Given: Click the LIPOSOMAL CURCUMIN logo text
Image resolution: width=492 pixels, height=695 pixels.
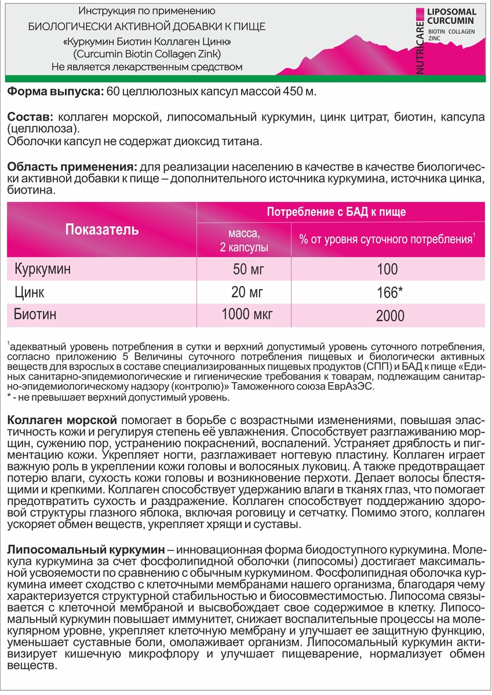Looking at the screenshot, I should (x=451, y=16).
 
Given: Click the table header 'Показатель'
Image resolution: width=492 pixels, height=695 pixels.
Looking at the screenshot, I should (x=101, y=229).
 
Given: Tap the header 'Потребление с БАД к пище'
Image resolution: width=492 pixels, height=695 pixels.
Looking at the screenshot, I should (x=336, y=211).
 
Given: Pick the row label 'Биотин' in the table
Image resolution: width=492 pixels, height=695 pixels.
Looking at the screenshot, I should (x=36, y=315).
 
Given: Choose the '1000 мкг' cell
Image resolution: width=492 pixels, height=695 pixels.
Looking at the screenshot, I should (x=247, y=315).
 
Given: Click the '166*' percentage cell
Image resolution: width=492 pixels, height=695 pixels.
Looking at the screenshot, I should (x=387, y=291).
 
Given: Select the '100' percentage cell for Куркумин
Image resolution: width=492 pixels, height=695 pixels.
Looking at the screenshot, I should (x=387, y=269).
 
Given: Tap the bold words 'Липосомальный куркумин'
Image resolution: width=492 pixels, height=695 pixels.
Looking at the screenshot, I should (x=83, y=548).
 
